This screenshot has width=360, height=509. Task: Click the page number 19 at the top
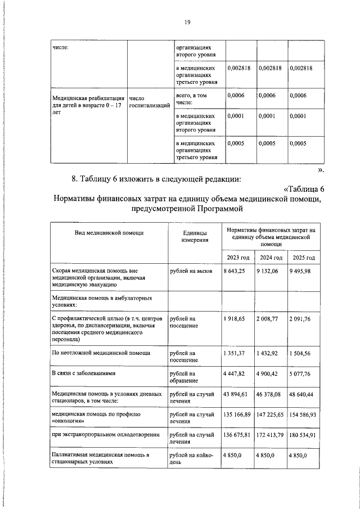coord(188,22)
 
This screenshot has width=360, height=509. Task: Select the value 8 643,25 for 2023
coord(235,271)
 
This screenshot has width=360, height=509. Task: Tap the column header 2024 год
coord(271,258)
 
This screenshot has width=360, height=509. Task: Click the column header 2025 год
coord(304,258)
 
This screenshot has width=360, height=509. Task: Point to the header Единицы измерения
coord(193,236)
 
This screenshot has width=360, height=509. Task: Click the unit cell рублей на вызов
coord(191,271)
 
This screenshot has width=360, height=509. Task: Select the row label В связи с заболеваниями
coord(83,372)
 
